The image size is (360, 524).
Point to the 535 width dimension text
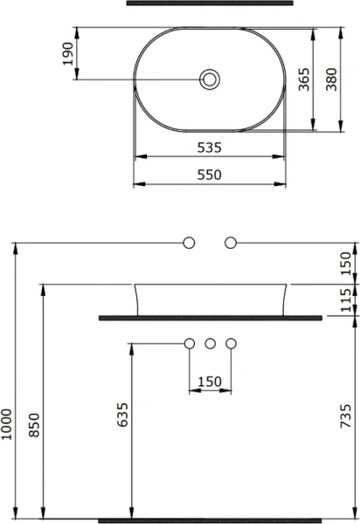pyautogui.click(x=210, y=148)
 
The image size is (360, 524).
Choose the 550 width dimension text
pyautogui.click(x=210, y=175)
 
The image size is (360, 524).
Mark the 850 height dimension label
pyautogui.click(x=35, y=424)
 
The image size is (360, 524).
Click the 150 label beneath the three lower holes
pyautogui.click(x=210, y=381)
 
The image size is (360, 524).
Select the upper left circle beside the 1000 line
pyautogui.click(x=188, y=242)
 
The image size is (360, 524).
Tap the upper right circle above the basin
pyautogui.click(x=231, y=242)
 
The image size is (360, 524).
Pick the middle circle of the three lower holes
pyautogui.click(x=210, y=343)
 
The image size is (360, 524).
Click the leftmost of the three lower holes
pyautogui.click(x=189, y=343)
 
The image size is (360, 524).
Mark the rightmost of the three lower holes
pyautogui.click(x=231, y=343)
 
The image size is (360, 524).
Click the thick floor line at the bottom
pyautogui.click(x=210, y=520)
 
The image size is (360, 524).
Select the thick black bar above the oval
pyautogui.click(x=210, y=3)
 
